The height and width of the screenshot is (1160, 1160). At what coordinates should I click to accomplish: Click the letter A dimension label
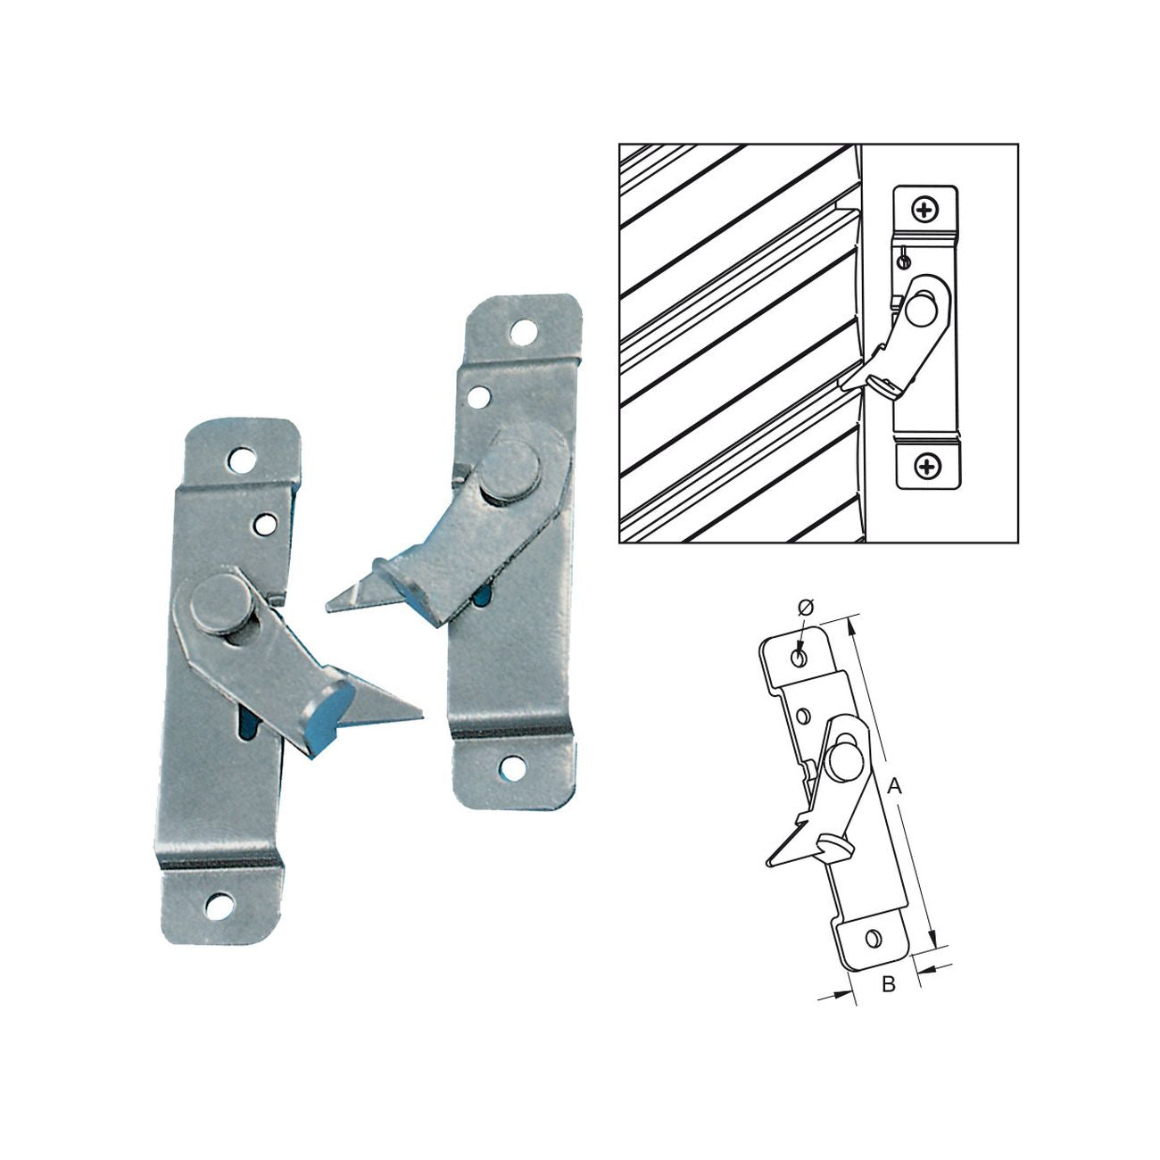click(894, 785)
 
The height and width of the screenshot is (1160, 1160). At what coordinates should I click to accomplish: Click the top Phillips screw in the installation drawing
click(925, 210)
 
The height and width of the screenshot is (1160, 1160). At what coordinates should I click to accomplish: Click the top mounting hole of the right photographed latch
click(523, 332)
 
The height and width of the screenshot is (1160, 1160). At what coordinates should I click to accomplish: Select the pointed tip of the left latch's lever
click(422, 717)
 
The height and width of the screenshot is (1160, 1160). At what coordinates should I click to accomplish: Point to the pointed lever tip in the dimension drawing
click(768, 865)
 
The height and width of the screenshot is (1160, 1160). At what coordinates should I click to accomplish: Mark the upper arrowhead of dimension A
click(850, 626)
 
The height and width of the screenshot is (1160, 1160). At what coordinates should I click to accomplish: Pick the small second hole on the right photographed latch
click(479, 395)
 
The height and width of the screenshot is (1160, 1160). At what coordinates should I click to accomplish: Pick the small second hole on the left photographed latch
click(264, 524)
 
